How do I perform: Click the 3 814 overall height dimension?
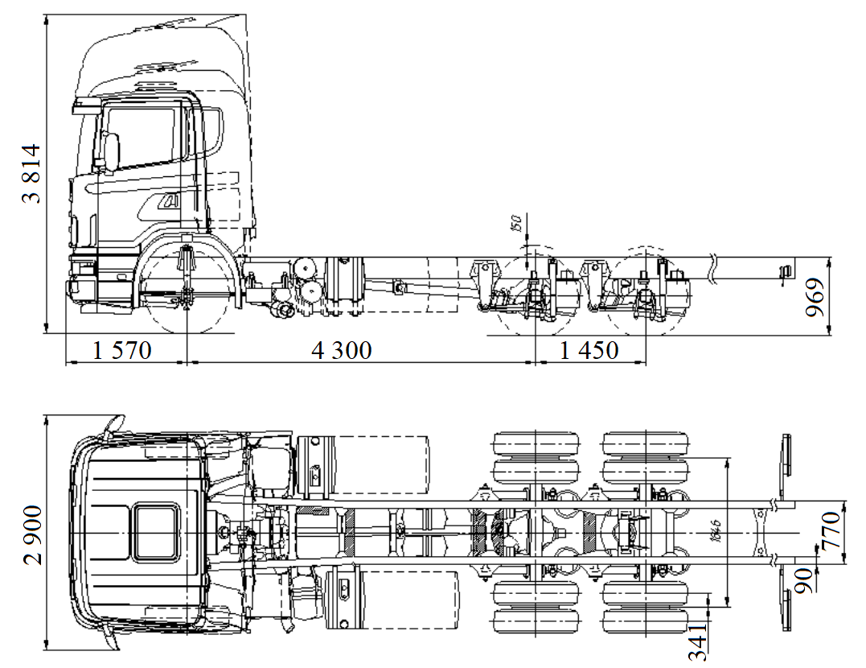pyautogui.click(x=31, y=173)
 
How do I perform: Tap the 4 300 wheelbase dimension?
pyautogui.click(x=342, y=351)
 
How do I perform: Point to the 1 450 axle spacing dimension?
pyautogui.click(x=589, y=351)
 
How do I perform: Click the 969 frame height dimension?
pyautogui.click(x=817, y=298)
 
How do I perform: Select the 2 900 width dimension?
pyautogui.click(x=32, y=535)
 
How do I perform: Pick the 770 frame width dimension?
pyautogui.click(x=831, y=530)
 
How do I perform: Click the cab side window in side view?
pyautogui.click(x=141, y=137)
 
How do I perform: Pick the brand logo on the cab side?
pyautogui.click(x=170, y=202)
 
